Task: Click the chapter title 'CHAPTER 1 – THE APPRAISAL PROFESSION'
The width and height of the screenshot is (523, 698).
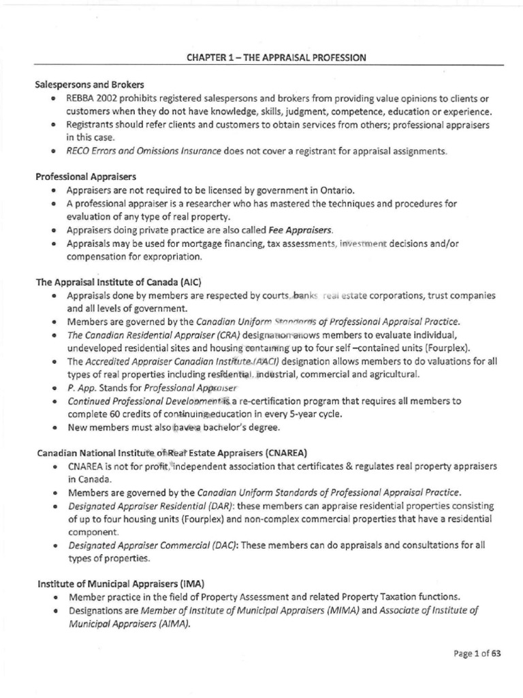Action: tap(276, 58)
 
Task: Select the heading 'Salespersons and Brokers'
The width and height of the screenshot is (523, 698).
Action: tap(90, 85)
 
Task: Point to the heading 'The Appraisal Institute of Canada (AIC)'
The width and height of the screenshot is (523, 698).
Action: tap(119, 282)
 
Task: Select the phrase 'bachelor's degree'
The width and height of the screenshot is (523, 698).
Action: tap(238, 428)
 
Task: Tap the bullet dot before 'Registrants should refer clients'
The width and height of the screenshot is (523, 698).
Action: tap(53, 125)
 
